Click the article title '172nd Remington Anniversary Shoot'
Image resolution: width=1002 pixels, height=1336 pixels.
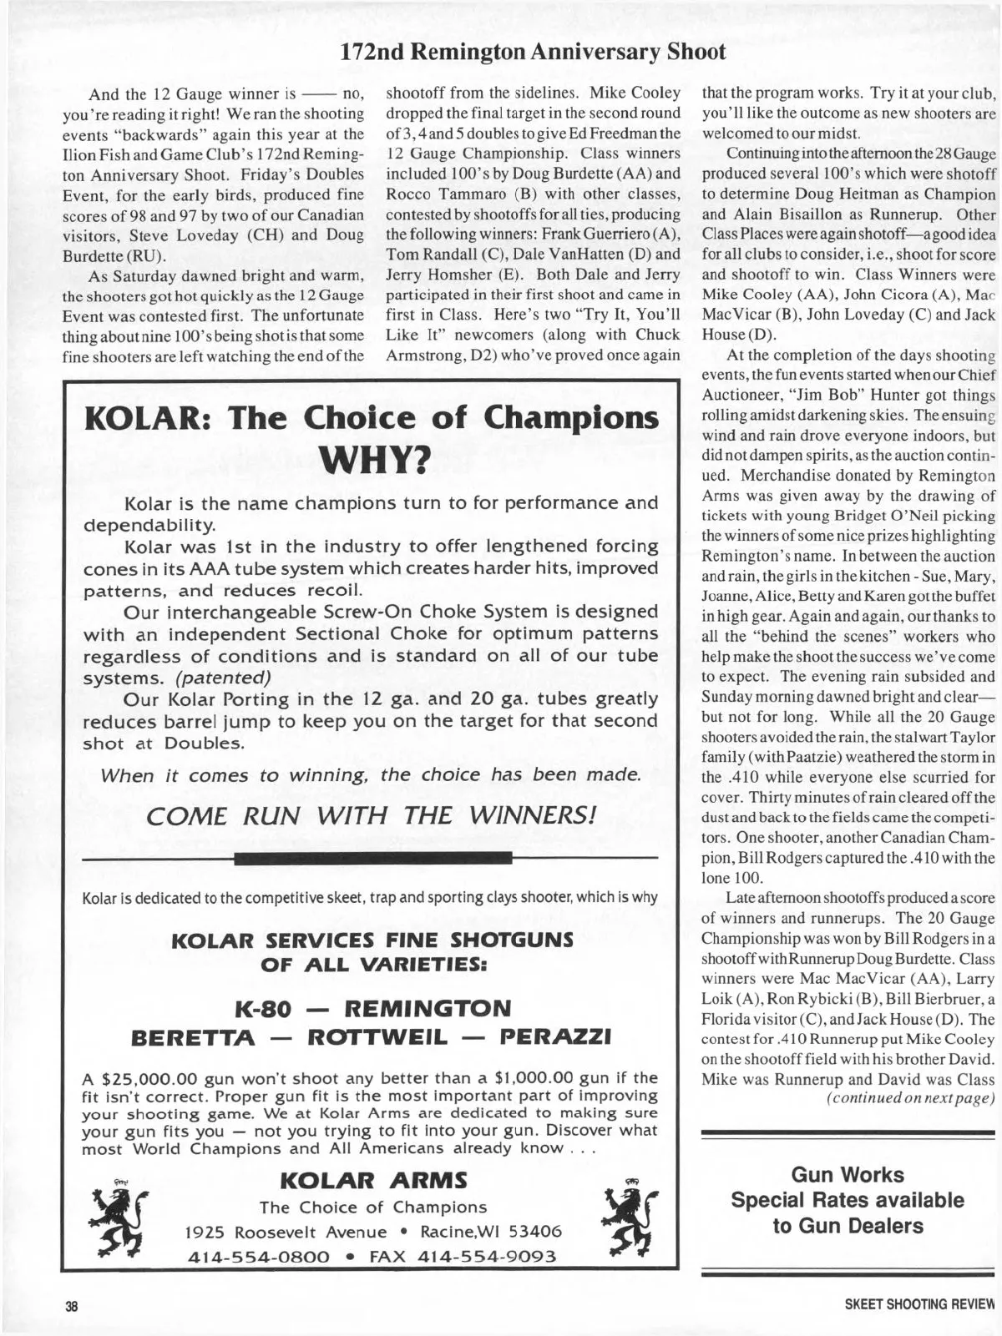[534, 52]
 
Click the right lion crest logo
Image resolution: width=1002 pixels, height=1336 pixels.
[629, 1220]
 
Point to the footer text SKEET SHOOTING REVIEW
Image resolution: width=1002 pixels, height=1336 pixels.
[920, 1304]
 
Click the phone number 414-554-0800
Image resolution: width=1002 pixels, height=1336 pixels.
[256, 1257]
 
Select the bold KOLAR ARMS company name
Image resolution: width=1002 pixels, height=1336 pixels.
[374, 1180]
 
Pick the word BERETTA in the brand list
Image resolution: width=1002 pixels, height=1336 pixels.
[194, 1037]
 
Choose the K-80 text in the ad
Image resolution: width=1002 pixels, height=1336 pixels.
[264, 1008]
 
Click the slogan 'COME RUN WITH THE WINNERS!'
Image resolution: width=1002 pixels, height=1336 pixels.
[372, 815]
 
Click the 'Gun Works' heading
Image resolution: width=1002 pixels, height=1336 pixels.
[848, 1174]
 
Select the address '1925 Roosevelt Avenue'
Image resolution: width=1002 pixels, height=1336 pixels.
[286, 1232]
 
